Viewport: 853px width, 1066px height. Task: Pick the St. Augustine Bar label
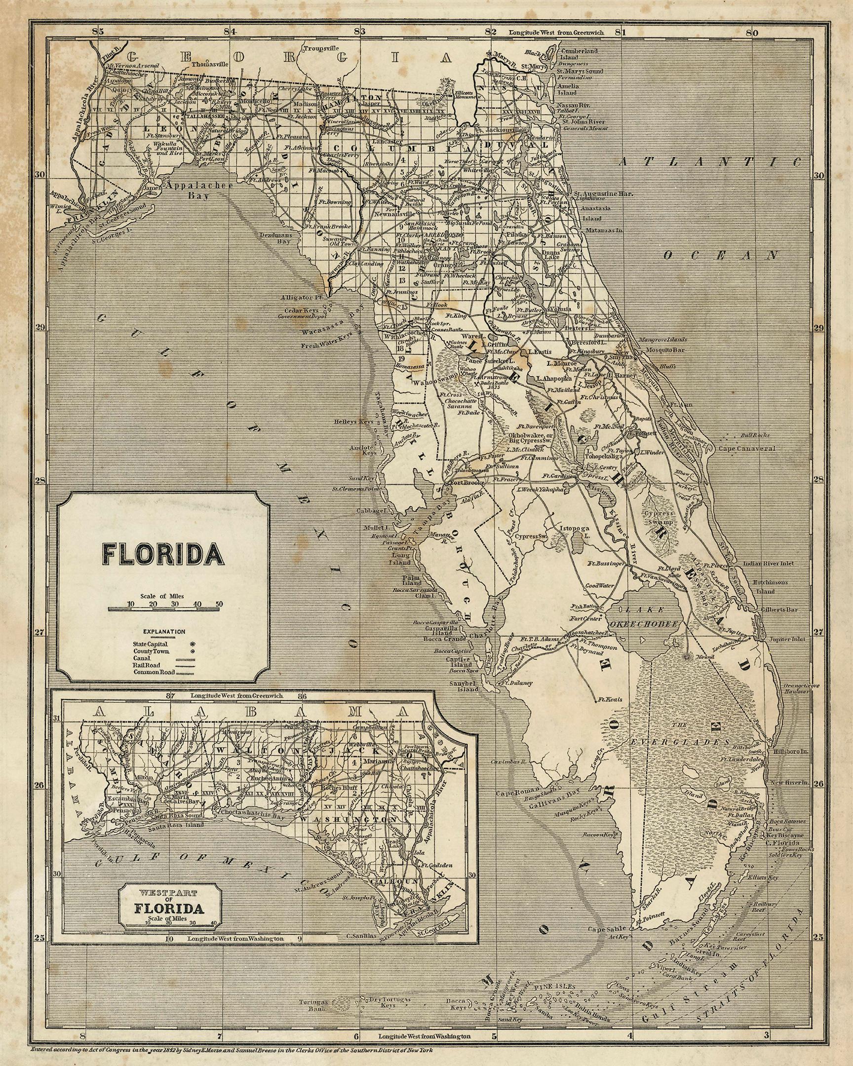(x=603, y=193)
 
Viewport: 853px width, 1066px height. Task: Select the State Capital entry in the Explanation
(x=151, y=645)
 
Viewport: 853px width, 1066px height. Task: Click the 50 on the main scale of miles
(x=219, y=604)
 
